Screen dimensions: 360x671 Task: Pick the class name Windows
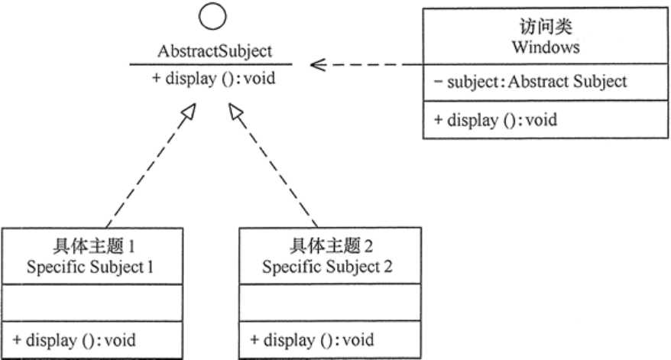coord(545,47)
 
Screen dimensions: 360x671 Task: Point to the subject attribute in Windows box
coord(528,82)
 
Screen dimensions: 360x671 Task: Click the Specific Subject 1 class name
coord(96,268)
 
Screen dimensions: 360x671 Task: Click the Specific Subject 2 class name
coord(330,268)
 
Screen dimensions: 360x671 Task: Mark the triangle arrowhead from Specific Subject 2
coord(235,112)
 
